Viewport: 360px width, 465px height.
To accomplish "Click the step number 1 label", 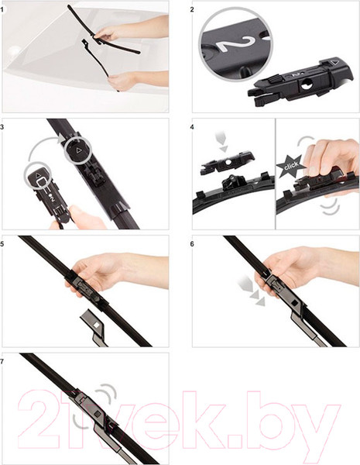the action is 2,10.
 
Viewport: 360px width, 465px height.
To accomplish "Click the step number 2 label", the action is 192,10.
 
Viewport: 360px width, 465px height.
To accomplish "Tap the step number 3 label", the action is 2,127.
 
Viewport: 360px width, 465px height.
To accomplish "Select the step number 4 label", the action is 192,127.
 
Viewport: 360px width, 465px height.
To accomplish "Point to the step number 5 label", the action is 2,244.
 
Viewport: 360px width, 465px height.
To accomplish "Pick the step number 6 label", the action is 192,244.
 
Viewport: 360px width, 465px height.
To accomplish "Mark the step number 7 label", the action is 2,361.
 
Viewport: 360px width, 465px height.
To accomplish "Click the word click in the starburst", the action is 290,166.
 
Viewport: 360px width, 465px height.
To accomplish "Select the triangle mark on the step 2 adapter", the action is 334,63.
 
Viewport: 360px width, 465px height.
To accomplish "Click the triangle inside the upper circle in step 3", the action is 79,150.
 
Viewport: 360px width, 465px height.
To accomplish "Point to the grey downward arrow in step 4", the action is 221,141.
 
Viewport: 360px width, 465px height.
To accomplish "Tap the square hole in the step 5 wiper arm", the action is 96,324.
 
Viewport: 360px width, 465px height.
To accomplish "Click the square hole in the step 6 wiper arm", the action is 295,303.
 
